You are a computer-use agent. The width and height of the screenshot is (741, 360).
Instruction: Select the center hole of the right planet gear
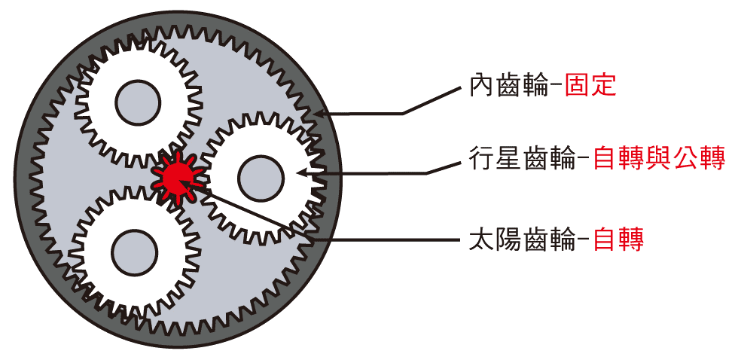(x=261, y=178)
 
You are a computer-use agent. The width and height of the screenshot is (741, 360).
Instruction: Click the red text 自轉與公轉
(x=659, y=159)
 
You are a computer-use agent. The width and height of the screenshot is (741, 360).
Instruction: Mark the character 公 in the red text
(x=685, y=159)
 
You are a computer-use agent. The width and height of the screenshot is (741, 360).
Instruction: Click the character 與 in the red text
(x=659, y=159)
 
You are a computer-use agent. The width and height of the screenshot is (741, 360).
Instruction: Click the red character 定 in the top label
(x=604, y=86)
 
